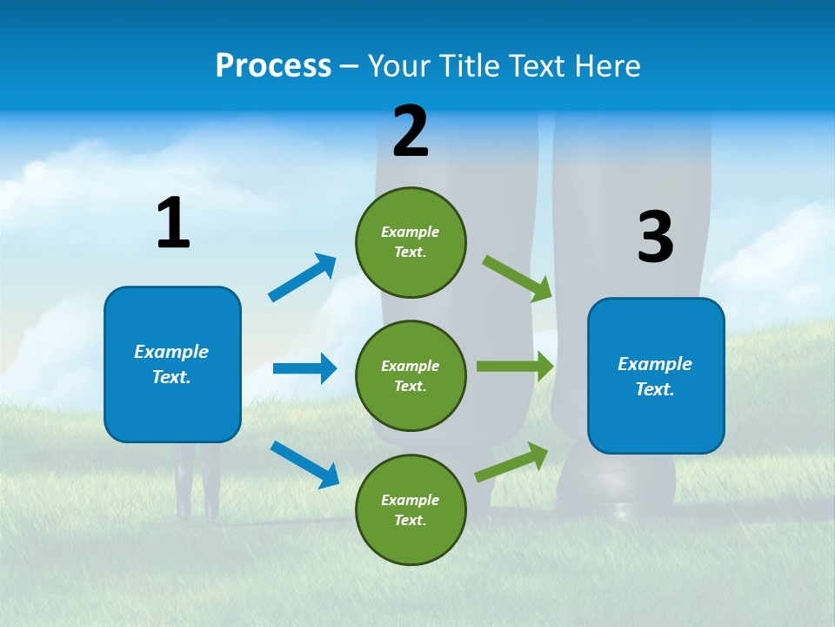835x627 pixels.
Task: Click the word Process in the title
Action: pyautogui.click(x=273, y=66)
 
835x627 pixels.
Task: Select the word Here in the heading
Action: pyautogui.click(x=605, y=66)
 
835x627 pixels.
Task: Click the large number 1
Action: pyautogui.click(x=173, y=224)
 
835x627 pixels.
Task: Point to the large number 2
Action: pyautogui.click(x=411, y=131)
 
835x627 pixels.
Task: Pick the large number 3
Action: pyautogui.click(x=655, y=238)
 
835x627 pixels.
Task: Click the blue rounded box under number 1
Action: pyautogui.click(x=172, y=364)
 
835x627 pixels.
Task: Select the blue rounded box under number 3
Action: pyautogui.click(x=656, y=376)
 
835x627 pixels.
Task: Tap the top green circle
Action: pyautogui.click(x=411, y=242)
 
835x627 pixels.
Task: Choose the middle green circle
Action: pyautogui.click(x=411, y=375)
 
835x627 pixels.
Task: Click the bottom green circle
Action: pyautogui.click(x=411, y=509)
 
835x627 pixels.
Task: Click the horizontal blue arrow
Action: pyautogui.click(x=304, y=368)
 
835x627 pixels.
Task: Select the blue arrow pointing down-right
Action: pyautogui.click(x=304, y=464)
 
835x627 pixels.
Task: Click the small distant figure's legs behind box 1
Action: pyautogui.click(x=196, y=492)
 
